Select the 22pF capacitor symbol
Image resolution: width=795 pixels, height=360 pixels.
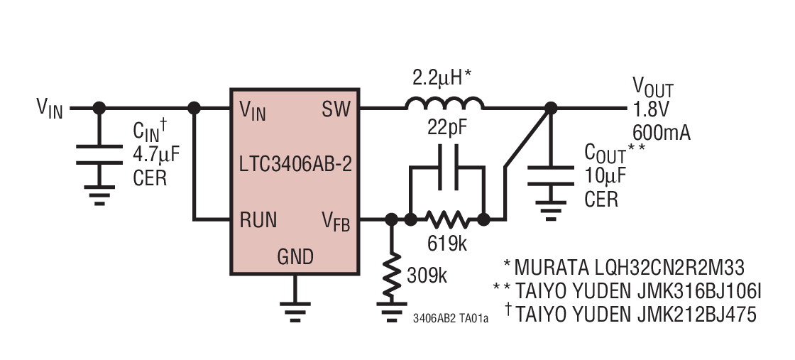(446, 168)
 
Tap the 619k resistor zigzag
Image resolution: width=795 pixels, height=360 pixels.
(446, 220)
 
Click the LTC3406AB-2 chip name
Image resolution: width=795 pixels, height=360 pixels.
(296, 165)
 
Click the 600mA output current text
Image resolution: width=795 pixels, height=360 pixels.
(660, 133)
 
